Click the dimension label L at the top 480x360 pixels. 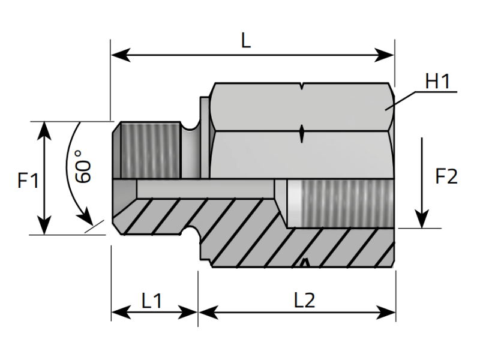coord(245,41)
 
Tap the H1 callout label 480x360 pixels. coord(437,82)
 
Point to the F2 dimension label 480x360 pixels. coord(446,177)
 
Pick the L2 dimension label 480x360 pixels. coord(305,300)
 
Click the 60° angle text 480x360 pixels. coord(83,171)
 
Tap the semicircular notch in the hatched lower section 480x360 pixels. coord(192,231)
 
